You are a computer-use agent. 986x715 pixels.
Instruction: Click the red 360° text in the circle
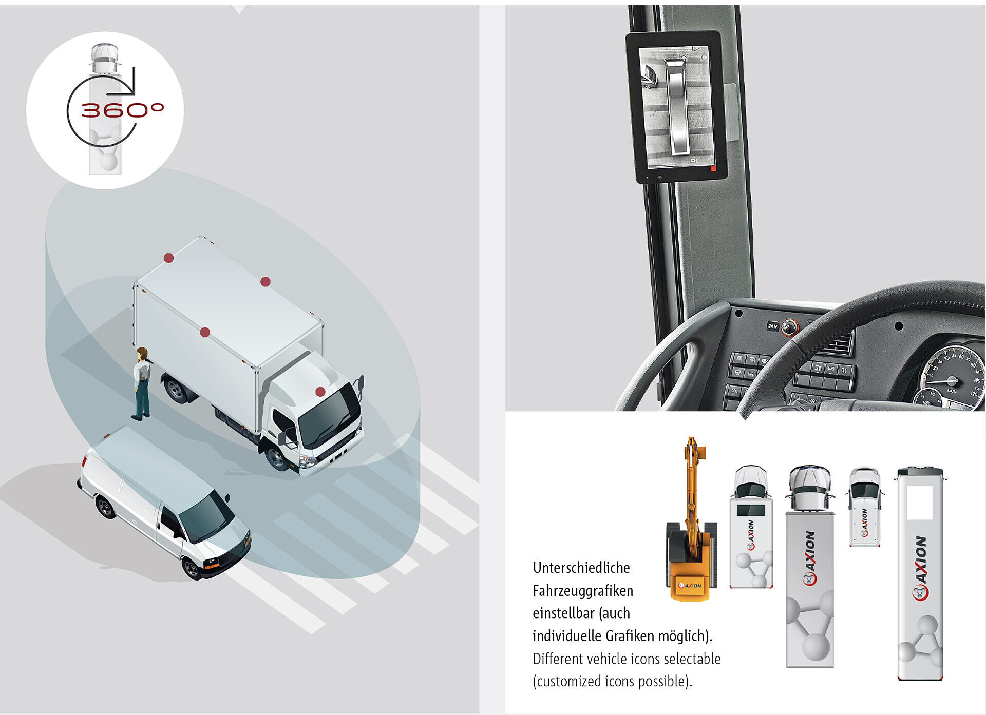pos(122,110)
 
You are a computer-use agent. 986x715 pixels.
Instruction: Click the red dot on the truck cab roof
pos(320,392)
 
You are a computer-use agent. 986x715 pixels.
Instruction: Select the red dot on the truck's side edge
pos(205,332)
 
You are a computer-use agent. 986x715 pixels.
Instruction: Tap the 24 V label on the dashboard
pos(773,326)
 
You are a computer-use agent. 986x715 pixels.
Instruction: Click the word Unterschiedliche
pos(581,568)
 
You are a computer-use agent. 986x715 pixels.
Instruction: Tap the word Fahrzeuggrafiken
pos(583,591)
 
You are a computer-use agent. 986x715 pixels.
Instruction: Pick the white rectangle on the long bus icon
pos(920,503)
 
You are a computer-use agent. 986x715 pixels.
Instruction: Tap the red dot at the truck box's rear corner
pos(168,258)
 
